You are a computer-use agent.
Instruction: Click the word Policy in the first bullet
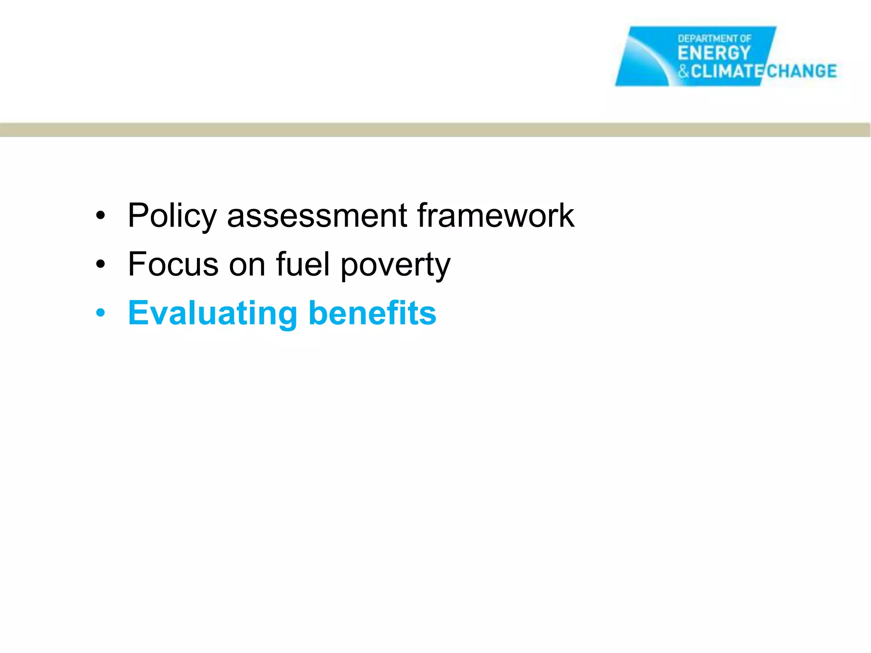point(172,216)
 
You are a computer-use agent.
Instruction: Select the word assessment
point(317,216)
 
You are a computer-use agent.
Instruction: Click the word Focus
point(174,264)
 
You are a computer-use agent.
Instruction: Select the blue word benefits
point(373,313)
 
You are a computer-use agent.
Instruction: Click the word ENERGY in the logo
point(714,53)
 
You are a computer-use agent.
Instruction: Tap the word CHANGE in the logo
point(801,71)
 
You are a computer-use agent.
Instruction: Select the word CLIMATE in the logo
point(728,71)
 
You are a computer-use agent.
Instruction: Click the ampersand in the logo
point(683,71)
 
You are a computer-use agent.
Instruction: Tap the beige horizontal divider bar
point(435,130)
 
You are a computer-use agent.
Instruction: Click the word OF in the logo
point(746,39)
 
